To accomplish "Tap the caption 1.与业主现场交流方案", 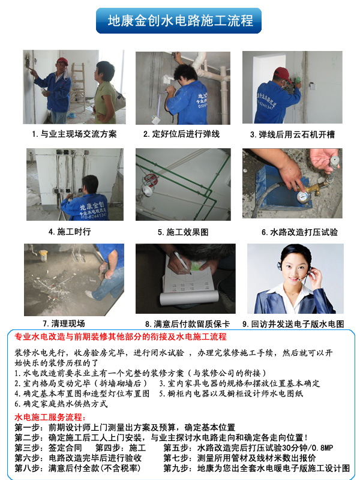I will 74,134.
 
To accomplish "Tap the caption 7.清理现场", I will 64,323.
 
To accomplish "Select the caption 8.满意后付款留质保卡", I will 182,323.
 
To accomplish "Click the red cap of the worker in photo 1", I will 62,61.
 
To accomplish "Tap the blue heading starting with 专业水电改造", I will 121,337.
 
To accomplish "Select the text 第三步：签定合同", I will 48,448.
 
